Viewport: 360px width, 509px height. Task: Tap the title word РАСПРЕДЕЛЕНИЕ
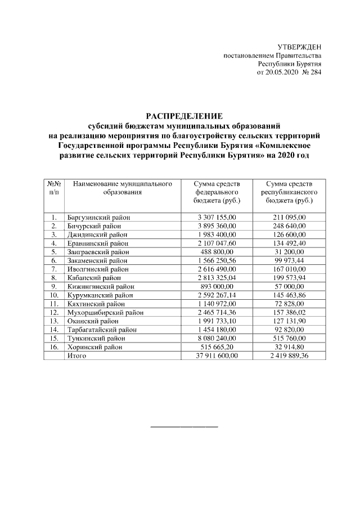tap(180, 115)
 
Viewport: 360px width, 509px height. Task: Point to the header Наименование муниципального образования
tap(121, 188)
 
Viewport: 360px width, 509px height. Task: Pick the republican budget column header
tap(289, 192)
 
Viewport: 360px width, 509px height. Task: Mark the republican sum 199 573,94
tap(289, 278)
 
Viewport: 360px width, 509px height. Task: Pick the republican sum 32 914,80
tap(289, 348)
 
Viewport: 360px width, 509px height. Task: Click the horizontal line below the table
tap(184, 426)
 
